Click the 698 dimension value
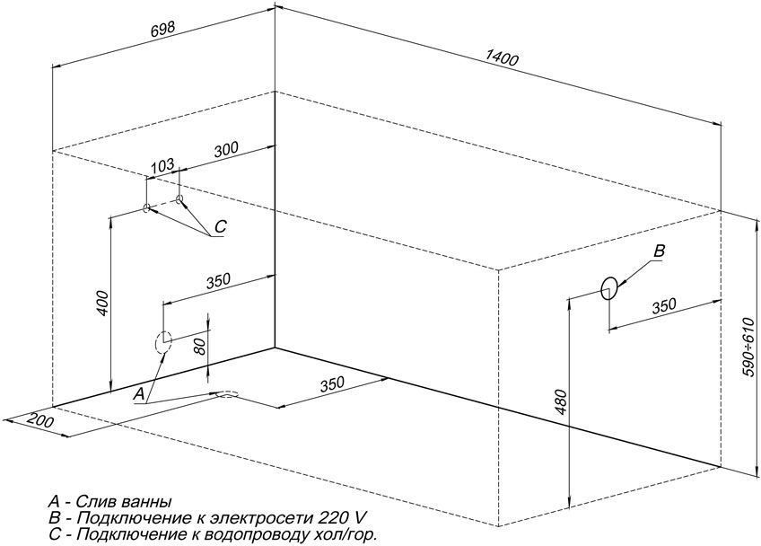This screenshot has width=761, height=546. pyautogui.click(x=162, y=31)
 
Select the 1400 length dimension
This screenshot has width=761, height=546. pyautogui.click(x=503, y=58)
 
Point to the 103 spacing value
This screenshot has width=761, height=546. pyautogui.click(x=162, y=165)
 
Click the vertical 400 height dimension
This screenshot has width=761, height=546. pyautogui.click(x=102, y=304)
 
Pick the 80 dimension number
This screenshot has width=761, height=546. pyautogui.click(x=202, y=346)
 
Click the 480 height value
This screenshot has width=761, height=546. pyautogui.click(x=561, y=401)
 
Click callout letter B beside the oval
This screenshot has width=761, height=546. pyautogui.click(x=659, y=251)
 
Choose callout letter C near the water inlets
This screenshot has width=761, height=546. pyautogui.click(x=220, y=226)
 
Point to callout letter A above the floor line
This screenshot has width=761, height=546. pyautogui.click(x=139, y=394)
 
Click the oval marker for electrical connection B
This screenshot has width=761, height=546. pyautogui.click(x=608, y=288)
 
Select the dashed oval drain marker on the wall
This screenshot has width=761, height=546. pyautogui.click(x=163, y=342)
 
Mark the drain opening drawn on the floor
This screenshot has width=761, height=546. pyautogui.click(x=226, y=394)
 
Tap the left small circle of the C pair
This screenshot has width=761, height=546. pyautogui.click(x=146, y=208)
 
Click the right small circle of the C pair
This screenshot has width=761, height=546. pyautogui.click(x=179, y=198)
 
